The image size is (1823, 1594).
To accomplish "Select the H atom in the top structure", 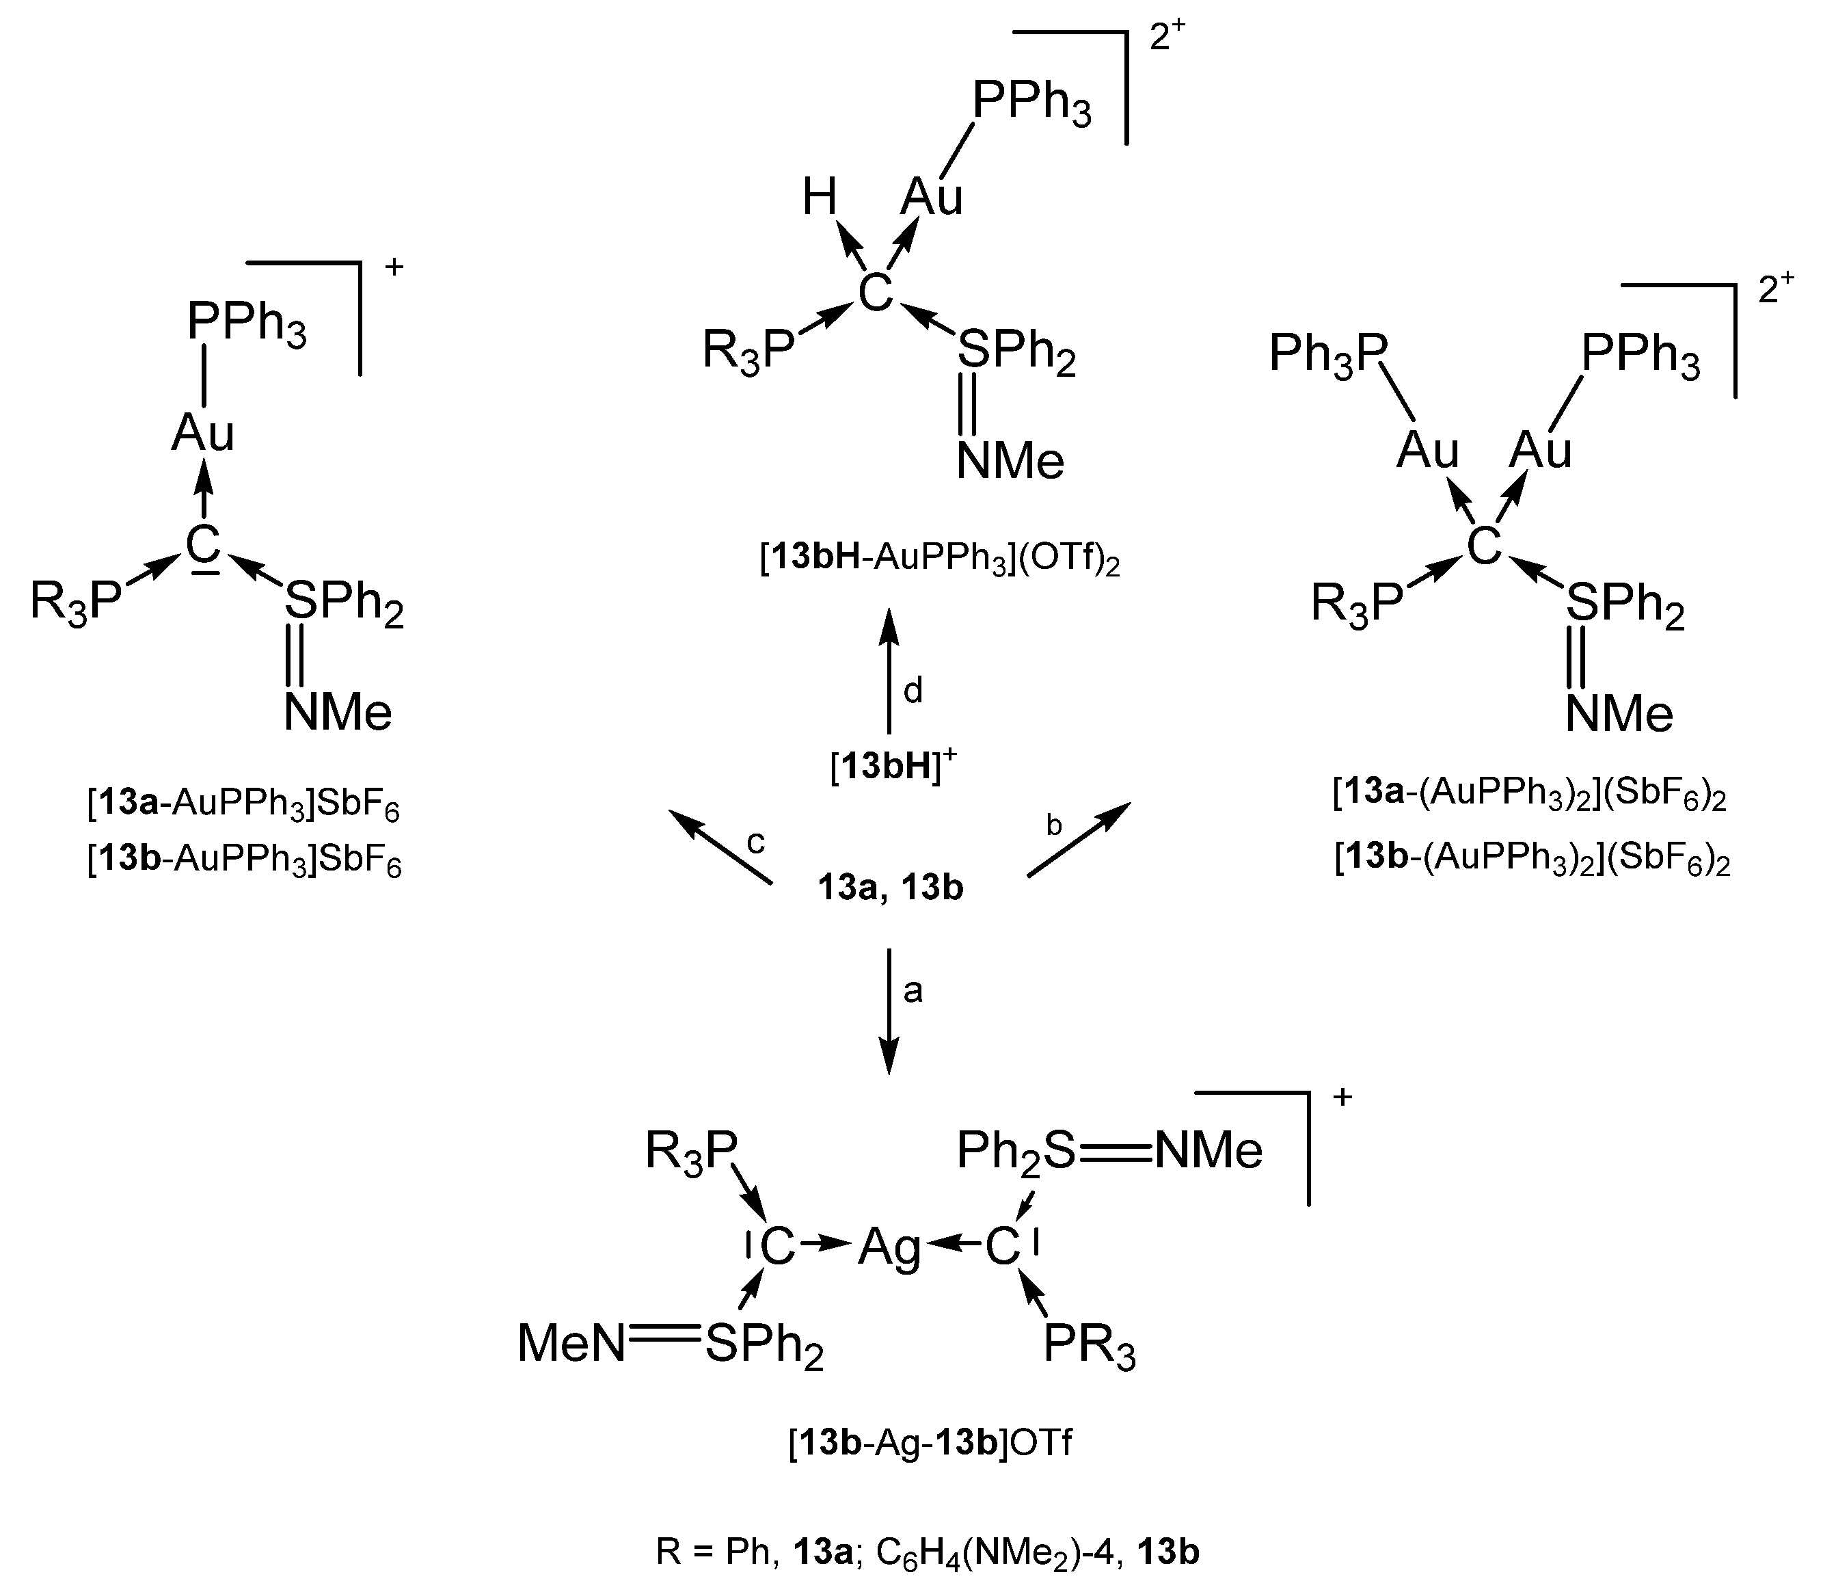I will point(819,198).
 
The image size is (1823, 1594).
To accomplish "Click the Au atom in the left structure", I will point(203,433).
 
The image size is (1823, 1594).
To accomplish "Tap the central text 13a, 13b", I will point(890,888).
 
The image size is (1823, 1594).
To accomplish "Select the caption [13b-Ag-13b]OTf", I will point(930,1443).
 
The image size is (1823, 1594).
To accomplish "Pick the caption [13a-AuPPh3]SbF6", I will point(243,805).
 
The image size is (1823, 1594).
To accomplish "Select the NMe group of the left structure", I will point(338,713).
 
